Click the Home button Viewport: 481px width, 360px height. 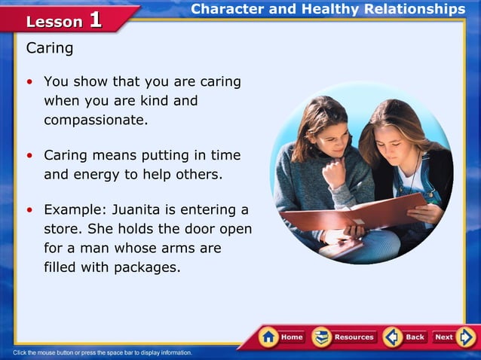tap(282, 337)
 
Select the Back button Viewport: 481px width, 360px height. tap(405, 337)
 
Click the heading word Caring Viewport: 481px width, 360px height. tap(50, 49)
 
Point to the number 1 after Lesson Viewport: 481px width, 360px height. tap(95, 20)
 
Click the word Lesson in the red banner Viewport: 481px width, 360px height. tap(54, 22)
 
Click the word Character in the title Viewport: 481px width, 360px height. tap(227, 9)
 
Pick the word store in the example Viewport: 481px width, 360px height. tap(61, 228)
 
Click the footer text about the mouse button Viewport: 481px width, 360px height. tap(103, 352)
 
